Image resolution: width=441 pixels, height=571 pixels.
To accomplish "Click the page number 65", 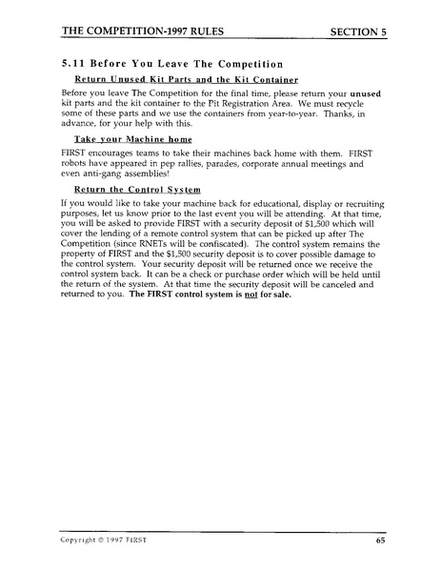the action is point(379,540).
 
